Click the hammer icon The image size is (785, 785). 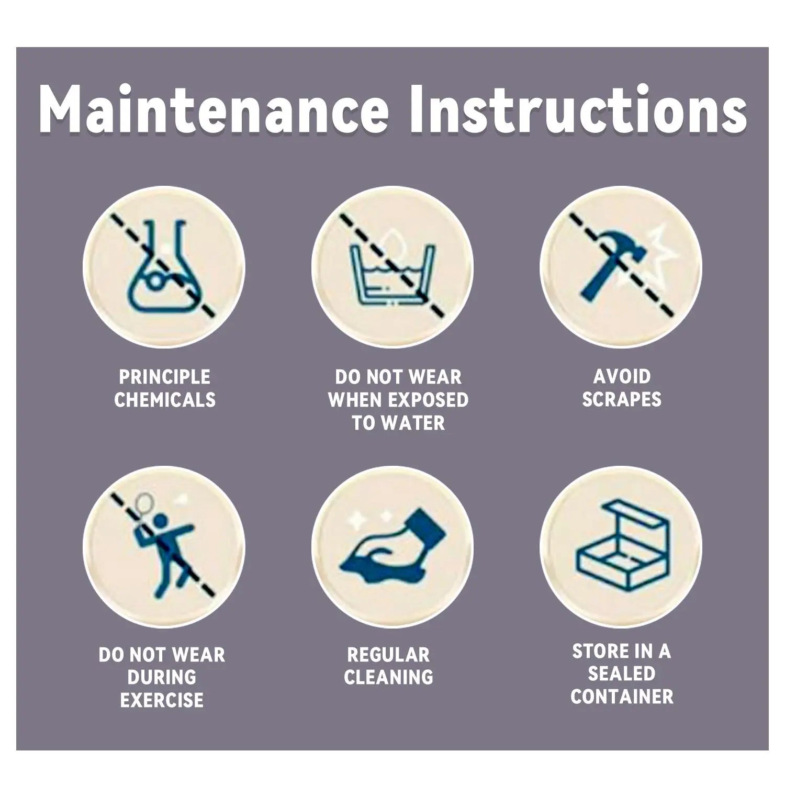(610, 262)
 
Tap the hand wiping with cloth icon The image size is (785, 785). (395, 547)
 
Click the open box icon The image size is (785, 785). (622, 544)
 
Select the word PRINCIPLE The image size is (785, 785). (164, 377)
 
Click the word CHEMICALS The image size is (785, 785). (165, 400)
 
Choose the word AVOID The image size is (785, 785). (622, 376)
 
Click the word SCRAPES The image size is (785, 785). (622, 399)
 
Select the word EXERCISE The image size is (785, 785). (162, 700)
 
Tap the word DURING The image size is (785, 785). (162, 677)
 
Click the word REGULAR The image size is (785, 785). (388, 655)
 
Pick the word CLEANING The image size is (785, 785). (388, 677)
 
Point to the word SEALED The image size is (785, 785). (621, 674)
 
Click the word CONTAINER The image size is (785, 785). (622, 697)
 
